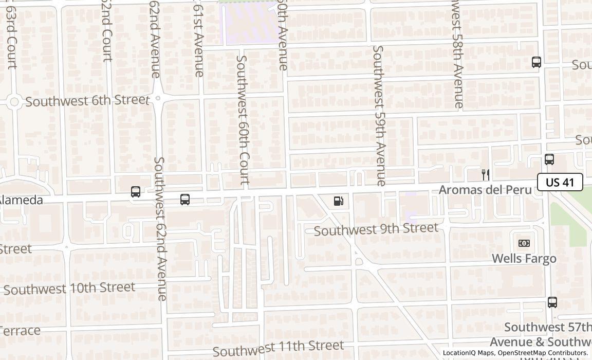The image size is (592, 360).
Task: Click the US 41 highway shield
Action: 560,182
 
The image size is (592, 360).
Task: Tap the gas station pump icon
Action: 339,201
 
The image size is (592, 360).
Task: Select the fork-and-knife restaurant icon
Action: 485,174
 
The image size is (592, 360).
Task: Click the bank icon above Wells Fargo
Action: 524,243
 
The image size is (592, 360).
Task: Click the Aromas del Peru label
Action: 485,190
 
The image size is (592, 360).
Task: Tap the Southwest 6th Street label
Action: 87,101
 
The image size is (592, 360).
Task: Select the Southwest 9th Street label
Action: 376,229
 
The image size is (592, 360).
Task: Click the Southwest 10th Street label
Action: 69,288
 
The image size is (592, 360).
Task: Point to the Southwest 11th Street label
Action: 278,349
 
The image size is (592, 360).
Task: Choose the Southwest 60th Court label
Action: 243,120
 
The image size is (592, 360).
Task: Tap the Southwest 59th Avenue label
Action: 379,116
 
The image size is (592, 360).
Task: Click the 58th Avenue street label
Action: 457,54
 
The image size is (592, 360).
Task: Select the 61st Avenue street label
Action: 199,39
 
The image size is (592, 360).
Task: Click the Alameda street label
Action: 22,200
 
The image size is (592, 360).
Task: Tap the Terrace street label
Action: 20,331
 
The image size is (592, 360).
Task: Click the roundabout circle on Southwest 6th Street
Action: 14,102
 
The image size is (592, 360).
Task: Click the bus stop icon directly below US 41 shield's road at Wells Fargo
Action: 552,302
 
